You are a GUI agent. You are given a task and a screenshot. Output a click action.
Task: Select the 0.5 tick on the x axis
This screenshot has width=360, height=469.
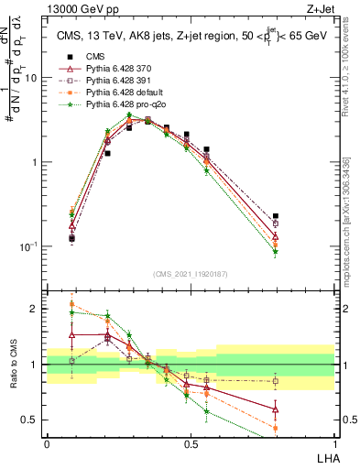190,444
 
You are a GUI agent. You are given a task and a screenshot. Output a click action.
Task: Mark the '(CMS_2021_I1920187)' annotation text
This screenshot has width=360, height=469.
190,274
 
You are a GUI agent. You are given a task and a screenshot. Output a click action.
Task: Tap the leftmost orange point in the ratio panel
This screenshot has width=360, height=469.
71,304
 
